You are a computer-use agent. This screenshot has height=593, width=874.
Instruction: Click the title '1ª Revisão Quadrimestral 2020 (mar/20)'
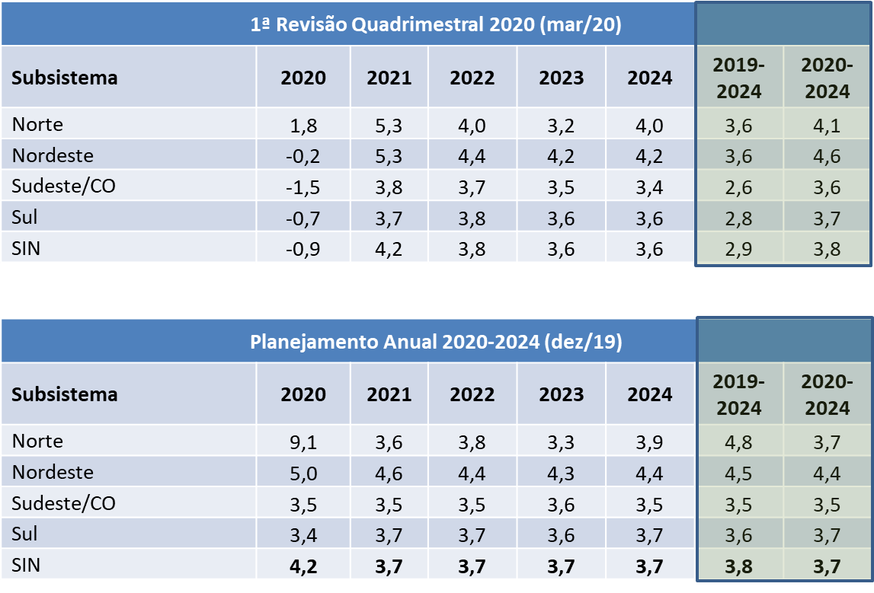tap(435, 24)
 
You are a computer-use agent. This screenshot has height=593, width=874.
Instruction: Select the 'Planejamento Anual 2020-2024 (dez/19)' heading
tap(436, 341)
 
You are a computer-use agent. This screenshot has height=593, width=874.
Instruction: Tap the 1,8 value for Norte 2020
tap(303, 126)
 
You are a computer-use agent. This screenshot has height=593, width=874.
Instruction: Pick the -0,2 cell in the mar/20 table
tap(303, 157)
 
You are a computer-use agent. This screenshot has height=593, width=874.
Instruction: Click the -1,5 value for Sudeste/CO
tap(303, 188)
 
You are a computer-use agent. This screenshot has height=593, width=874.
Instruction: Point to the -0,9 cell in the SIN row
tap(303, 250)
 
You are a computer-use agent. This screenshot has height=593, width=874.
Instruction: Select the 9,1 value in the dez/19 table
tap(303, 443)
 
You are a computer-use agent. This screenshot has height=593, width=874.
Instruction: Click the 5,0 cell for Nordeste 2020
tap(303, 473)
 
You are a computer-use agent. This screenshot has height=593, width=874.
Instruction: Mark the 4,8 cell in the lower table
tap(738, 443)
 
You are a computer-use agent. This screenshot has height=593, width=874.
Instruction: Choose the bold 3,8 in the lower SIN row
tap(738, 567)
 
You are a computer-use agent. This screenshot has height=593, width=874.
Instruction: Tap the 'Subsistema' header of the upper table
tap(65, 78)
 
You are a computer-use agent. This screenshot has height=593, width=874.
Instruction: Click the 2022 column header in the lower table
tap(472, 394)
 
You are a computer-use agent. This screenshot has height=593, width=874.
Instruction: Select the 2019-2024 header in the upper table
tap(738, 78)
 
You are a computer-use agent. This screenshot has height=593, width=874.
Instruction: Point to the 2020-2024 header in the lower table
tap(828, 395)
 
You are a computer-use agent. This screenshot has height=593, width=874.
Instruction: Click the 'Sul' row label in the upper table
tap(24, 217)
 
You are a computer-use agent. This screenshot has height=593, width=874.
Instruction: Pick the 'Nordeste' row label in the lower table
tap(53, 472)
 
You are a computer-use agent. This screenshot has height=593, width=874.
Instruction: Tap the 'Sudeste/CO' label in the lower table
tap(63, 503)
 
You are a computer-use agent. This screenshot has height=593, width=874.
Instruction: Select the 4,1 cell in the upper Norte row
tap(827, 126)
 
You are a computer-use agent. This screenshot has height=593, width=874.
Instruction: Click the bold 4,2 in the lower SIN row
tap(303, 567)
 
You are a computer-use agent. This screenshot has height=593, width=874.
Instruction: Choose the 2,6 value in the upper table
tap(738, 188)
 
